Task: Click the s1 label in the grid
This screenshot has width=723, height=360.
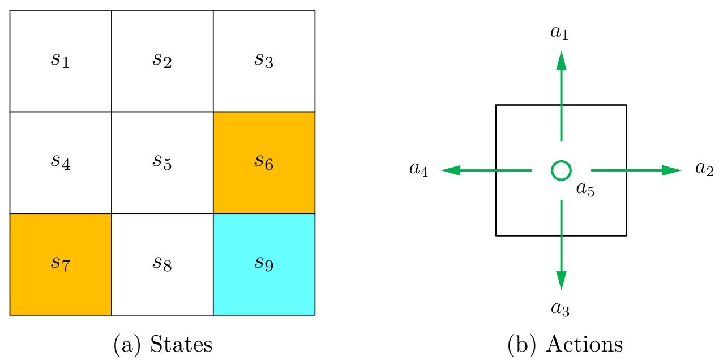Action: coord(60,60)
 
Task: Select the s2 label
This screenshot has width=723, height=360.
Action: coord(162,60)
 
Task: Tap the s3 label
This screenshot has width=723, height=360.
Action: coord(264,60)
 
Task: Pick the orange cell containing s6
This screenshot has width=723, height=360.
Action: coord(264,162)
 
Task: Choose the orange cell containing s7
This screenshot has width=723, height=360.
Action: coord(60,264)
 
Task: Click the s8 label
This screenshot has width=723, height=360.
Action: coord(162,264)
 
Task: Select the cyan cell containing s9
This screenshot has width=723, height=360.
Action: coord(264,264)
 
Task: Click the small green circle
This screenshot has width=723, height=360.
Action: coord(561,170)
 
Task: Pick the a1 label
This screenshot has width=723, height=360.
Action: coord(559,32)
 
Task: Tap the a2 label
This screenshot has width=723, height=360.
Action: coord(704,169)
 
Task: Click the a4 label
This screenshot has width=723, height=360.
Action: coord(418,169)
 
